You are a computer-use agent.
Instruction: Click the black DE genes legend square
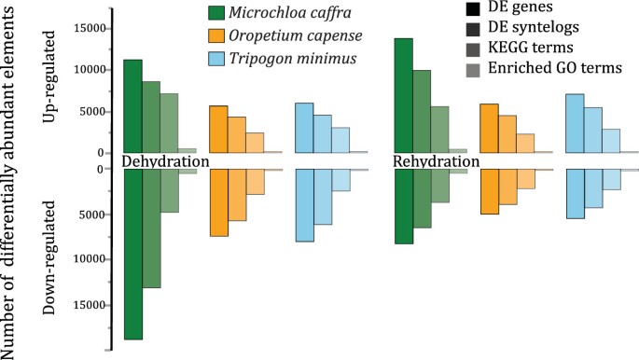(x=472, y=10)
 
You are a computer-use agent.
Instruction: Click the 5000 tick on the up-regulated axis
(x=90, y=112)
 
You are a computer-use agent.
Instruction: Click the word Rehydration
(x=436, y=161)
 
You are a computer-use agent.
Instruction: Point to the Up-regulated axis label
(x=53, y=79)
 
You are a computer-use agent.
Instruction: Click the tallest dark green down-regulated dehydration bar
(x=133, y=254)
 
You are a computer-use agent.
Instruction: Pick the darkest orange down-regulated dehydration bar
(x=218, y=202)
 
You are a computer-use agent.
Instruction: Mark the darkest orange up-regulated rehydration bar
(x=489, y=128)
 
